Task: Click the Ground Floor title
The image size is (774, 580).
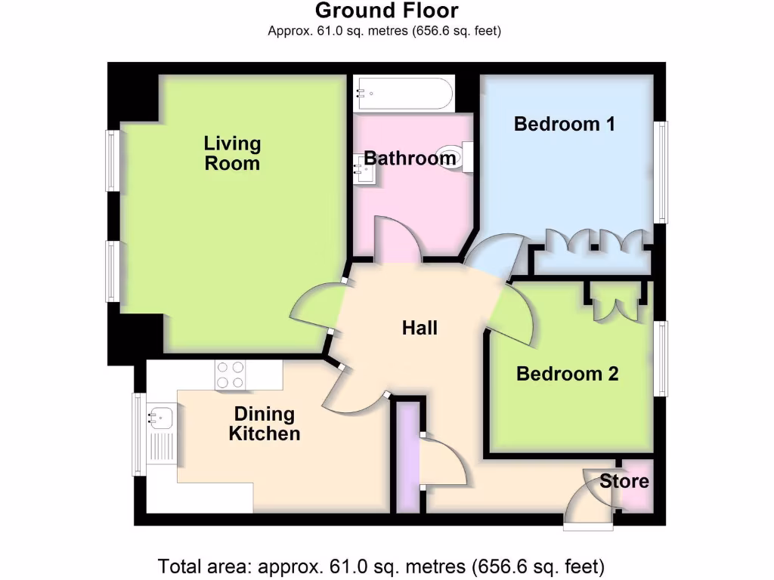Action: click(386, 11)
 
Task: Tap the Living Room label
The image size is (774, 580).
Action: click(232, 153)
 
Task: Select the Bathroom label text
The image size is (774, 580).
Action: click(410, 159)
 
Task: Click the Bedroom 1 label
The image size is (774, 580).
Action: click(564, 124)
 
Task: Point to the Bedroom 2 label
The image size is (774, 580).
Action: click(567, 374)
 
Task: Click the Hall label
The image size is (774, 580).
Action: click(420, 328)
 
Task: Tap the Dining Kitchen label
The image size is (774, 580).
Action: click(265, 424)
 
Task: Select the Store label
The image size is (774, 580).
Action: click(624, 481)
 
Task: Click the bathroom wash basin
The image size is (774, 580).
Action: click(364, 171)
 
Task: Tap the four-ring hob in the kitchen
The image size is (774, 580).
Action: click(231, 375)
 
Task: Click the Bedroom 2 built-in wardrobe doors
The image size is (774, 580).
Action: click(614, 304)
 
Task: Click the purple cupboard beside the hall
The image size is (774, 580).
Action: click(409, 456)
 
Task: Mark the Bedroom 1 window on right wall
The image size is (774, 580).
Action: click(661, 172)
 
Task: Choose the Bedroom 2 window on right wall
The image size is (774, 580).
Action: click(661, 358)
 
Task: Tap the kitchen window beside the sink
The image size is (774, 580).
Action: click(138, 434)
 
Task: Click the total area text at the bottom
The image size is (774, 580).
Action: click(381, 566)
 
